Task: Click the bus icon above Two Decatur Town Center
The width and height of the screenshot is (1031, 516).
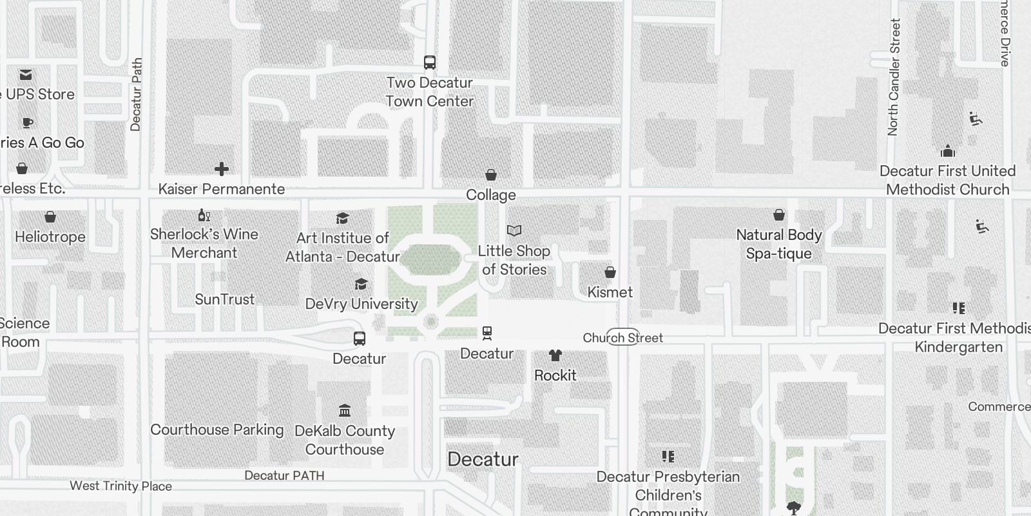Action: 430,63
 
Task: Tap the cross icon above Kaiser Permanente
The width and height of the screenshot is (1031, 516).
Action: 222,169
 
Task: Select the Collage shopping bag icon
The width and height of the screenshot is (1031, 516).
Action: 491,175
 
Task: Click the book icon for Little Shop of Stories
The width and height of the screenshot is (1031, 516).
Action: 514,230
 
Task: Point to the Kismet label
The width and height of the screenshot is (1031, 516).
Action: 610,292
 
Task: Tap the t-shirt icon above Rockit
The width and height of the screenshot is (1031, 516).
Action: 555,355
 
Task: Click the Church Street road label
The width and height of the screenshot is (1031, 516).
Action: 622,337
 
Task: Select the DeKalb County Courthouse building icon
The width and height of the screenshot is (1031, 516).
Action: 345,410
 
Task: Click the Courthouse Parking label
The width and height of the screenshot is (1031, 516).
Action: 217,430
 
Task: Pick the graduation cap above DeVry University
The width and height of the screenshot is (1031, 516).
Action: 361,284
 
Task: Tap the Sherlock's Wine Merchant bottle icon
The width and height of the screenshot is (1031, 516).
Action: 204,215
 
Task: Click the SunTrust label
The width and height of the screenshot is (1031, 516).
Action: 225,299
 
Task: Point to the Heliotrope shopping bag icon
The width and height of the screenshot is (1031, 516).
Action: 50,217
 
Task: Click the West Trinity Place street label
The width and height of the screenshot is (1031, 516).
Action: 120,486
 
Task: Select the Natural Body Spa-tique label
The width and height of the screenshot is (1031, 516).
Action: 779,244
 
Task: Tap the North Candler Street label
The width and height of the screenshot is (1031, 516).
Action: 894,77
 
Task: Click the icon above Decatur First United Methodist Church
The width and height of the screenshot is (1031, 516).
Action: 947,152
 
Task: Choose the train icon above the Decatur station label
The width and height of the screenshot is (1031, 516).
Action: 487,333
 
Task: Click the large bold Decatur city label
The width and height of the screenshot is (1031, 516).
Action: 483,459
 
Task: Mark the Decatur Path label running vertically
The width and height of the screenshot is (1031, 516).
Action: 136,95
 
